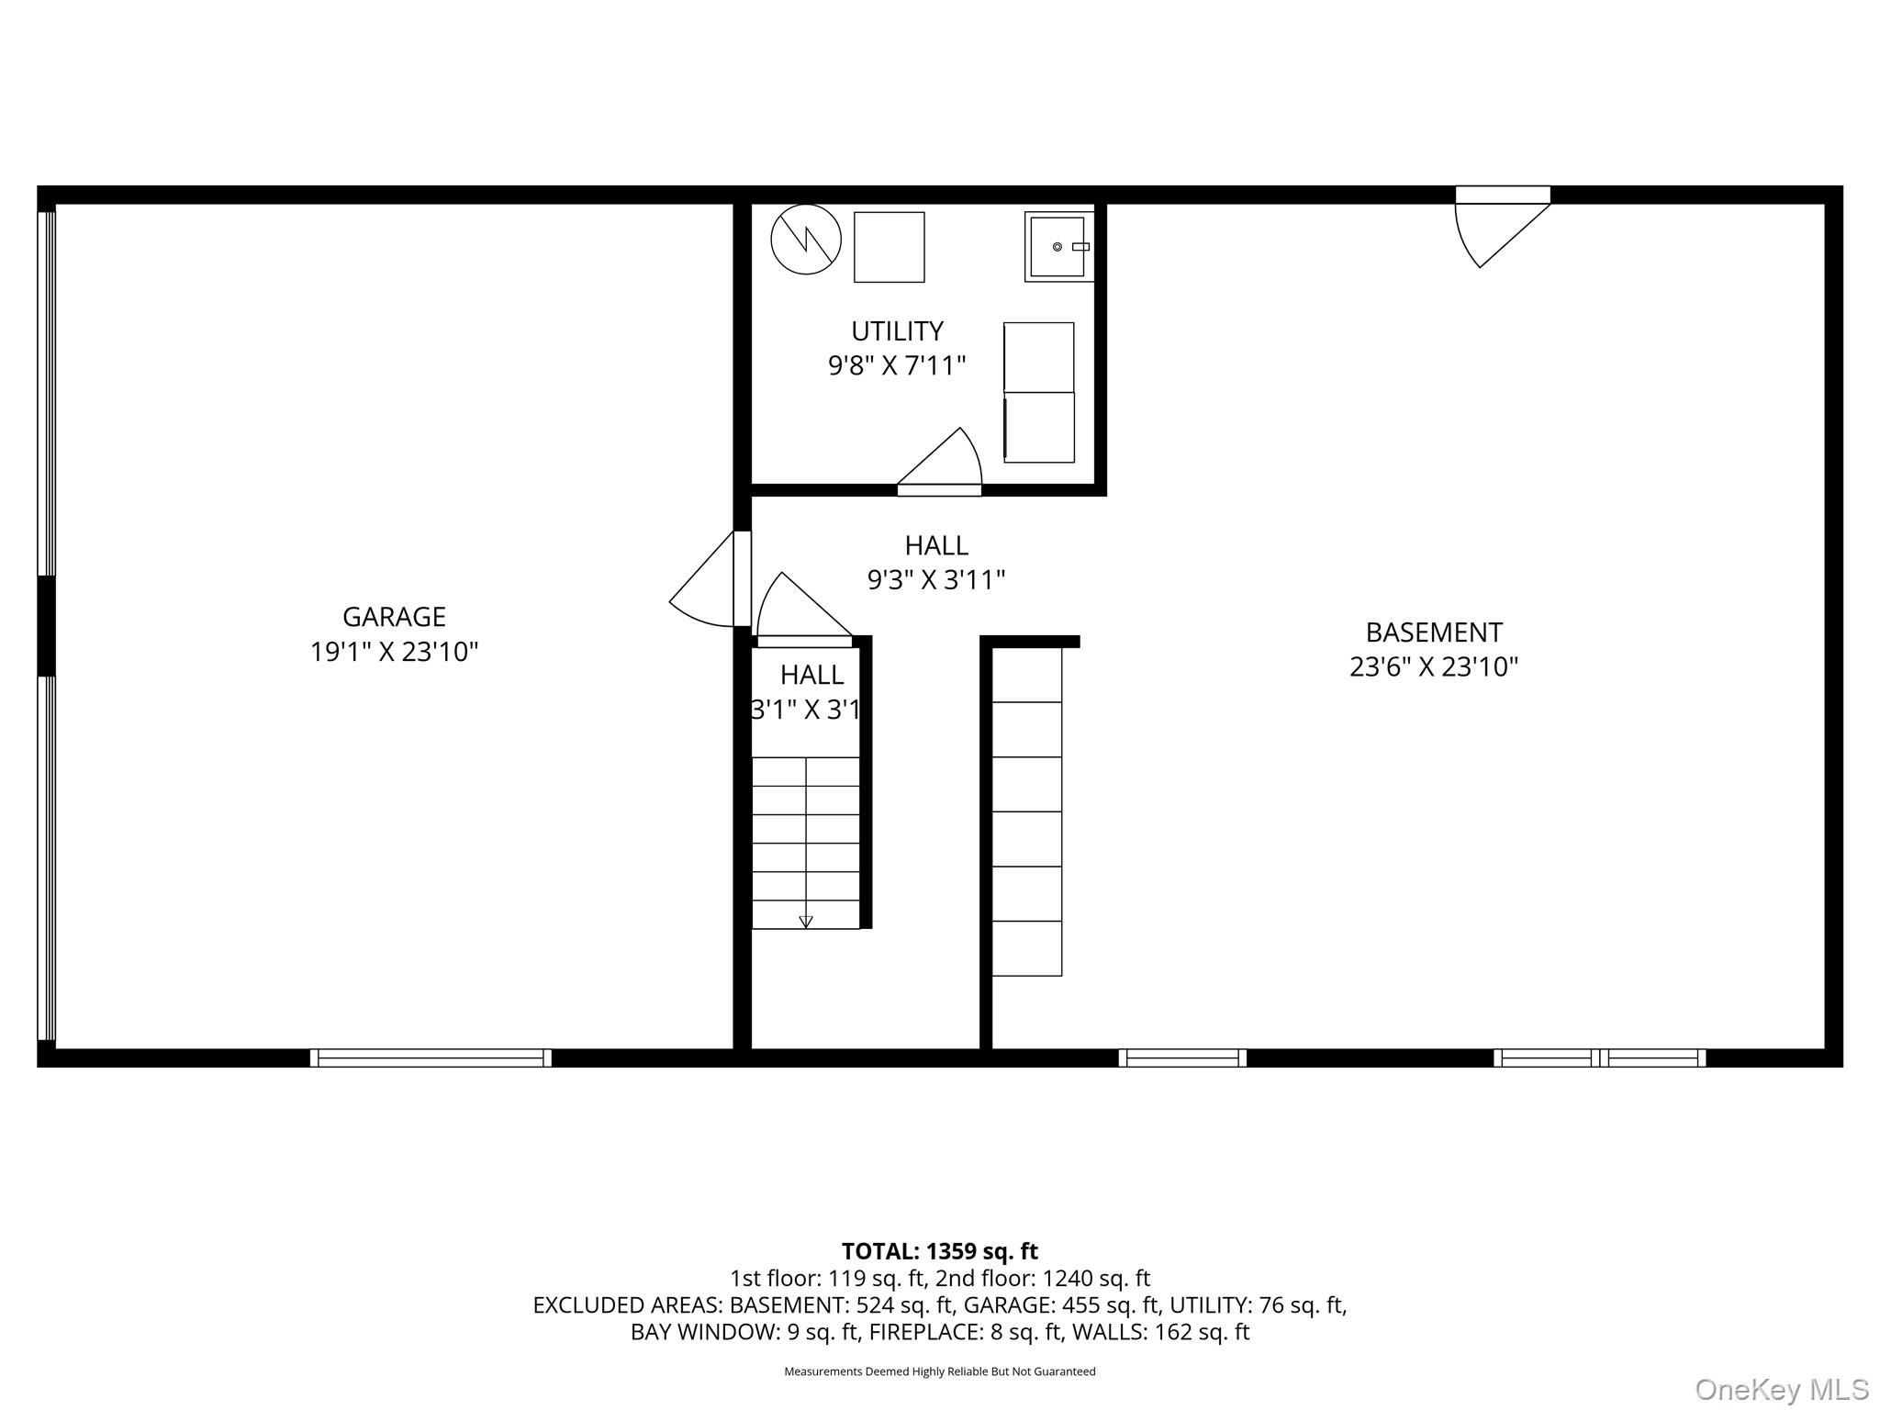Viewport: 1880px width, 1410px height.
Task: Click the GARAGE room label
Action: [394, 616]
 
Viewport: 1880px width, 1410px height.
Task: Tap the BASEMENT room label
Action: [1433, 632]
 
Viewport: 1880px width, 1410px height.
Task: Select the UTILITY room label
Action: [897, 330]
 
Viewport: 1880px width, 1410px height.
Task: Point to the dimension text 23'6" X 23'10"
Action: [1433, 667]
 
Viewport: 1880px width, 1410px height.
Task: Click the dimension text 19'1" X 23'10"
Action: [394, 652]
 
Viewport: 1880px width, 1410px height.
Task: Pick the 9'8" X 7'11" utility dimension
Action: [897, 366]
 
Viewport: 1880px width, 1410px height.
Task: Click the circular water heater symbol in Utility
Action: [805, 239]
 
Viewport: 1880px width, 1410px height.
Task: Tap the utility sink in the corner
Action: [1058, 247]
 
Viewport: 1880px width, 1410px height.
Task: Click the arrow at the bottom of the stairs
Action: [806, 922]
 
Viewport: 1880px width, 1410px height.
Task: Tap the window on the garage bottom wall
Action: [431, 1057]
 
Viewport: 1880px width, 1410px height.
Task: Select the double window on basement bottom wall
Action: [1599, 1057]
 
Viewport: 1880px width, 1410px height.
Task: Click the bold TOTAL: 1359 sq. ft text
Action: [939, 1251]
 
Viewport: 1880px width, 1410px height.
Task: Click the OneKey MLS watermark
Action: [1781, 1389]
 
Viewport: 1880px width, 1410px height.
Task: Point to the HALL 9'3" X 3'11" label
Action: [936, 563]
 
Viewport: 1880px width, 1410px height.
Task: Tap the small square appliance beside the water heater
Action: [889, 247]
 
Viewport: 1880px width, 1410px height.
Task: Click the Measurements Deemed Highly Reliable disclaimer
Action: [939, 1371]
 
